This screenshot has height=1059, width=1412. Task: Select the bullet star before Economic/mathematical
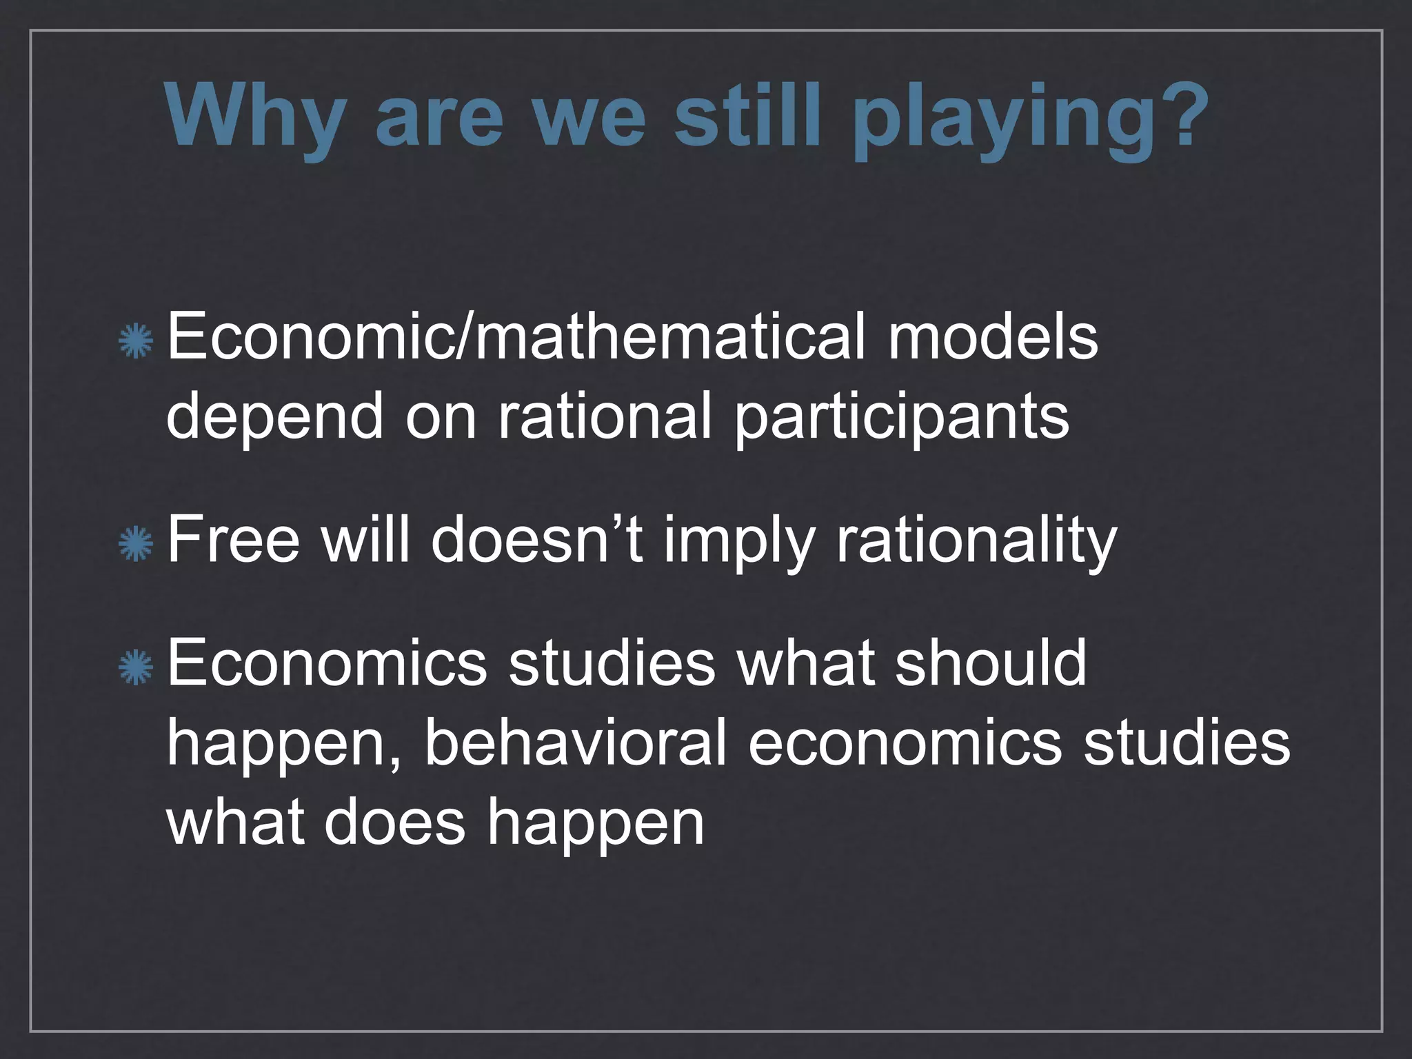coord(135,341)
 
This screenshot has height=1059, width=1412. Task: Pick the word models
coord(993,338)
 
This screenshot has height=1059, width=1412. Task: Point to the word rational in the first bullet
coord(604,416)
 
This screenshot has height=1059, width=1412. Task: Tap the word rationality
coord(976,541)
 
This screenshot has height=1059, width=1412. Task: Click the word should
coord(991,662)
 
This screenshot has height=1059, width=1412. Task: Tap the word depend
coord(274,418)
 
